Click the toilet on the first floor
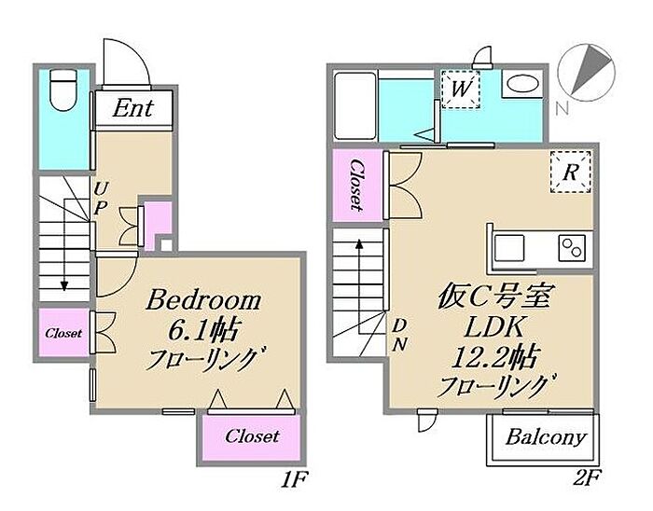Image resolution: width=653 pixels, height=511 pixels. click(x=63, y=90)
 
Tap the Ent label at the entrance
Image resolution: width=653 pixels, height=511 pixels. click(x=132, y=108)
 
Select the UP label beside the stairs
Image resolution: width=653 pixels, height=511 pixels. click(x=100, y=199)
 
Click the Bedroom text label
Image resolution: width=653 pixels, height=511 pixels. click(x=203, y=300)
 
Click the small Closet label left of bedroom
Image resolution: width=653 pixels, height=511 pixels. click(x=63, y=333)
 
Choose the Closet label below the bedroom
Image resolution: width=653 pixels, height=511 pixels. click(x=252, y=436)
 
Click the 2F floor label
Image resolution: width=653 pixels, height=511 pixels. click(x=586, y=479)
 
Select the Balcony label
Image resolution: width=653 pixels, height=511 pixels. click(x=546, y=437)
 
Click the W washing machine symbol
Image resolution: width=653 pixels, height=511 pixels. click(x=461, y=90)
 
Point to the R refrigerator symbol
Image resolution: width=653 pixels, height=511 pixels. click(x=570, y=172)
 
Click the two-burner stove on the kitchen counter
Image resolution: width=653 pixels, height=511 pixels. click(x=572, y=247)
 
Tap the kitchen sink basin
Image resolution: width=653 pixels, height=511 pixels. click(x=509, y=248)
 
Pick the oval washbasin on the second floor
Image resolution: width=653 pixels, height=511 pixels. click(x=522, y=84)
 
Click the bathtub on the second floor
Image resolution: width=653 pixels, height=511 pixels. click(x=356, y=106)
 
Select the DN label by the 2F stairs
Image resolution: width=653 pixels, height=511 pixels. click(x=399, y=335)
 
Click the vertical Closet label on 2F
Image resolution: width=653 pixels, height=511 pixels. click(x=357, y=185)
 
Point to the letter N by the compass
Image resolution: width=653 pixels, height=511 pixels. click(x=562, y=108)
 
